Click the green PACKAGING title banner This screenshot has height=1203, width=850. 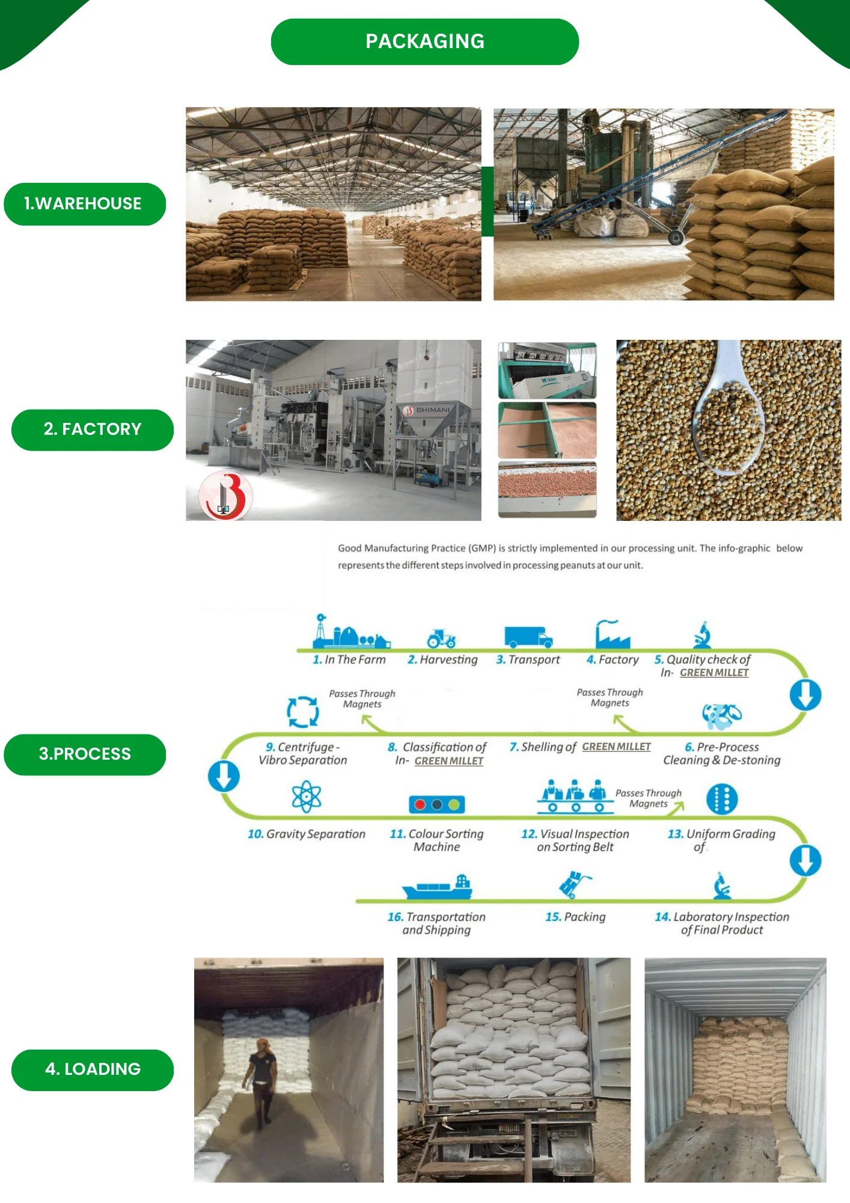[x=424, y=42]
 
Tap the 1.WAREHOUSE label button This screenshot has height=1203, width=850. [x=85, y=204]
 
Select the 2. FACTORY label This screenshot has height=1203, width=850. [x=93, y=429]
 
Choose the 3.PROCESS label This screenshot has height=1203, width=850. [x=85, y=754]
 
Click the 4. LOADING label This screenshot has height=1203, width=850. [x=93, y=1069]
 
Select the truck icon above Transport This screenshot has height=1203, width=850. [x=528, y=636]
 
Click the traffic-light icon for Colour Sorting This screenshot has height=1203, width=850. [x=437, y=804]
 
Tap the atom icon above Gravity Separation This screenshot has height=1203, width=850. [x=307, y=796]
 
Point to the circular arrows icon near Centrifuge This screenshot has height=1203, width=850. [x=303, y=712]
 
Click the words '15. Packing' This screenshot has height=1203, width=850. [x=575, y=917]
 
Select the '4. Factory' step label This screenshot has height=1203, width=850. [x=613, y=660]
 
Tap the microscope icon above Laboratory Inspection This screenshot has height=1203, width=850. [x=722, y=886]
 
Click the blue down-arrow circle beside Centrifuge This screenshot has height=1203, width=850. [x=224, y=776]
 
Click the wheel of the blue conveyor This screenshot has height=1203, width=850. [x=676, y=238]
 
